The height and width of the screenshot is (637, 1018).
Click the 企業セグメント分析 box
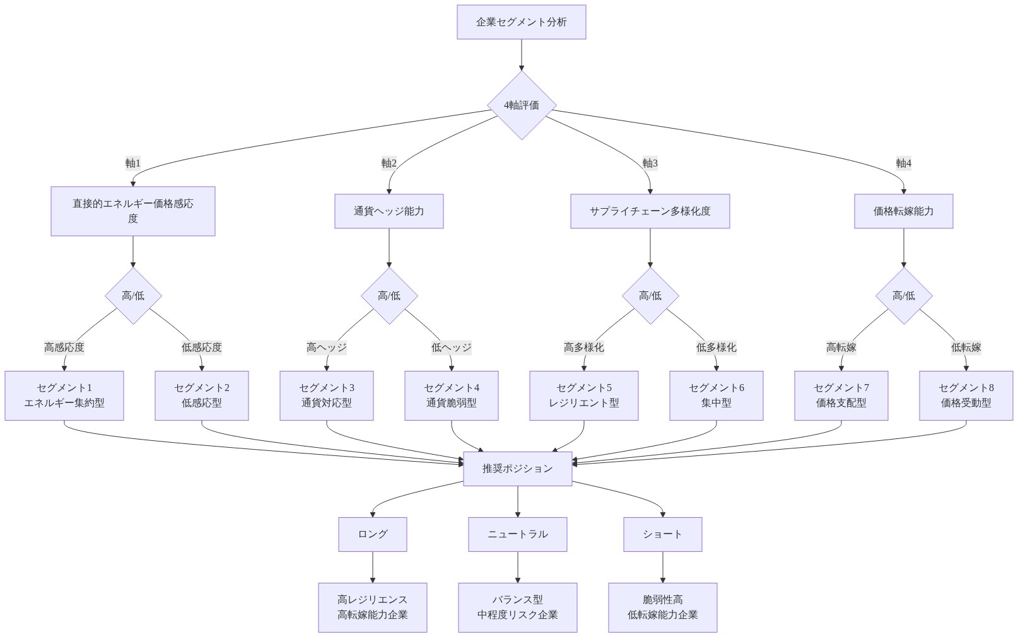coord(521,22)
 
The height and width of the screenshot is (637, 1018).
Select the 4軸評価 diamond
coord(521,105)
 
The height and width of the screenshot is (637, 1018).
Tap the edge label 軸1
coord(132,163)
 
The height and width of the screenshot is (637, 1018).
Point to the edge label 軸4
coord(903,163)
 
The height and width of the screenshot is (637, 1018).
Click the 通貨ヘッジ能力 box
coord(389,211)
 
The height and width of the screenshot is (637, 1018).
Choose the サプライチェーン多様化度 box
coord(650,211)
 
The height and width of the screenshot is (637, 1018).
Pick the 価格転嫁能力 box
coord(903,211)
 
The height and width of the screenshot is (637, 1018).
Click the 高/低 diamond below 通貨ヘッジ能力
coord(389,296)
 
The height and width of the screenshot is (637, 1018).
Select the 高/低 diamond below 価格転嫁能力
coord(903,296)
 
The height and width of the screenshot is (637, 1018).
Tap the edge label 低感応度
coord(201,348)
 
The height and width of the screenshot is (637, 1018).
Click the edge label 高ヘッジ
coord(326,348)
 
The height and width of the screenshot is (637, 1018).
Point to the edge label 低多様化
coord(716,348)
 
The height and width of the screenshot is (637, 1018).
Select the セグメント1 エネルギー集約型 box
coord(64,395)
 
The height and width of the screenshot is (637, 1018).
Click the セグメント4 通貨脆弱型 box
coord(451,395)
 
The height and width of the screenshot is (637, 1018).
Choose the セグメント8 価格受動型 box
coord(966,395)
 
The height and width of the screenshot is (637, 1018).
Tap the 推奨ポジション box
coord(517,469)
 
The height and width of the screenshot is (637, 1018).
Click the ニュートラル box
coord(517,534)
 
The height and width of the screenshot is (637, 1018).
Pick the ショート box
coord(662,534)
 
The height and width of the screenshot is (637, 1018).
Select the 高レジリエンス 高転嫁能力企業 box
coord(372,607)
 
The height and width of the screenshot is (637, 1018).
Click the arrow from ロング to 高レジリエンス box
coord(372,567)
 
